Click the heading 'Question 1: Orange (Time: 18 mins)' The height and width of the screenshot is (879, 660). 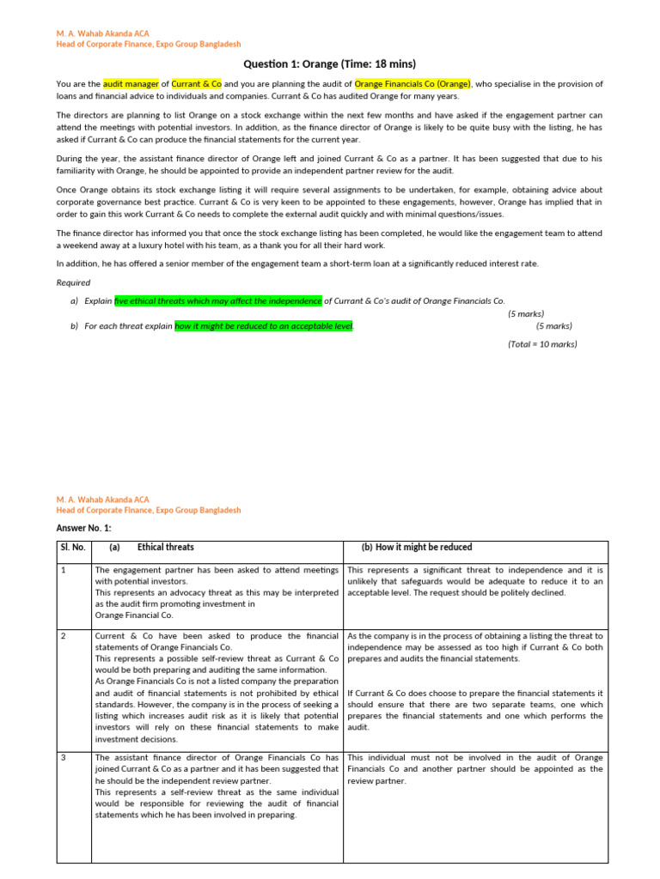(x=330, y=64)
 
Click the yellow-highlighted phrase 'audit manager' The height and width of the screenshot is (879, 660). (x=131, y=84)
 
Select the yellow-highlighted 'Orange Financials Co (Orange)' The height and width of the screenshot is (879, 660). (x=412, y=84)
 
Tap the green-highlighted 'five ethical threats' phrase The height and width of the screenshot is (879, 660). (x=218, y=300)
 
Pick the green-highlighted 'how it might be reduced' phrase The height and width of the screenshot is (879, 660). (x=264, y=326)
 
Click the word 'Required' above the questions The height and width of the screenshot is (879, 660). (x=73, y=282)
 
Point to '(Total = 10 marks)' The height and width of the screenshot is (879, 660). (x=542, y=344)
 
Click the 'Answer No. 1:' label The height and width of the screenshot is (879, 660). (x=83, y=528)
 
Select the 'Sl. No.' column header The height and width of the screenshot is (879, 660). (x=73, y=548)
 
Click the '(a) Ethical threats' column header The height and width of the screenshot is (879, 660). (x=152, y=548)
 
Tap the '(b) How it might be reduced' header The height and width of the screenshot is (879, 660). (x=412, y=548)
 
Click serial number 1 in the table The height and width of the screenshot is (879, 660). (x=64, y=570)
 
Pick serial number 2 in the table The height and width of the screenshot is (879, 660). (x=64, y=636)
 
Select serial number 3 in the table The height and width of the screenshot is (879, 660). (x=64, y=758)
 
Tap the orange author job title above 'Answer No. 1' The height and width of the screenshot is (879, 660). (x=148, y=510)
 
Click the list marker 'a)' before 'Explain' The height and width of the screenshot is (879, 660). (x=75, y=301)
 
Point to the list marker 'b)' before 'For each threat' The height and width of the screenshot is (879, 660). (x=75, y=326)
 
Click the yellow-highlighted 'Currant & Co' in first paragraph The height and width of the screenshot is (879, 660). (x=197, y=84)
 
